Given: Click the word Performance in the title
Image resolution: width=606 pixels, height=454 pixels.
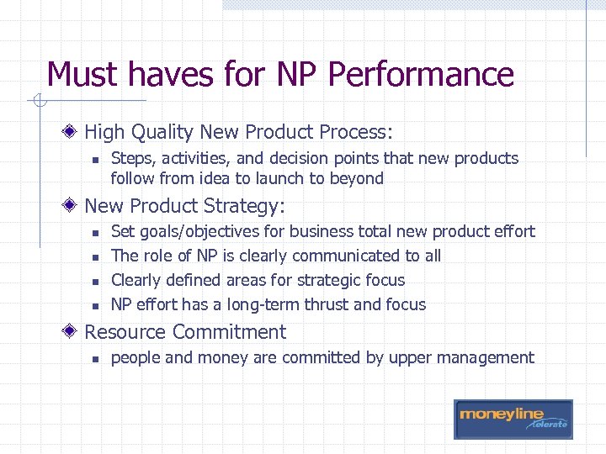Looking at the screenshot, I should [421, 75].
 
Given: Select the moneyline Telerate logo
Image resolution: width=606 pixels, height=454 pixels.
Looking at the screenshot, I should [513, 419].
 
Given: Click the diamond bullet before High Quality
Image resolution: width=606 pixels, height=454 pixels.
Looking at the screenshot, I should [74, 132].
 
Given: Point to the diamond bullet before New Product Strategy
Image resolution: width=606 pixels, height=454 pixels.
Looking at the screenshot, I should [74, 206].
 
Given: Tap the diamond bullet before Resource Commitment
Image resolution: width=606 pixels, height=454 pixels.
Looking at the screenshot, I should [74, 332].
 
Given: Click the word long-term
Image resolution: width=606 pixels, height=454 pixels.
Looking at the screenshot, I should [250, 304].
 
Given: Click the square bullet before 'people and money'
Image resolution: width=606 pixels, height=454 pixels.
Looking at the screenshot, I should [96, 358].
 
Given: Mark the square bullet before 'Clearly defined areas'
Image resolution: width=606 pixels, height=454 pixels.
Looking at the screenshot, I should [96, 281].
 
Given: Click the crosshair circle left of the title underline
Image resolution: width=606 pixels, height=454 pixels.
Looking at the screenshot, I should [37, 103].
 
